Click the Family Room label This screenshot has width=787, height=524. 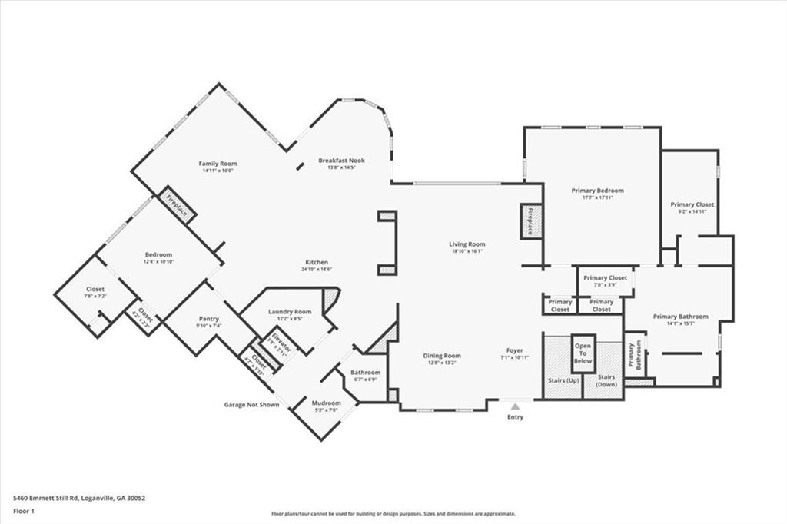(218, 164)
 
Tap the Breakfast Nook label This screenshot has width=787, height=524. (341, 161)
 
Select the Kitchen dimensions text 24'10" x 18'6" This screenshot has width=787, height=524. (316, 269)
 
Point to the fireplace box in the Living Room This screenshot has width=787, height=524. (531, 221)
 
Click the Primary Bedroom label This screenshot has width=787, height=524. (597, 191)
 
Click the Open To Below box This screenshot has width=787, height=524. (583, 353)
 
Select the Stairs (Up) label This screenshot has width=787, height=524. (563, 380)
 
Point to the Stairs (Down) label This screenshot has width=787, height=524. (606, 380)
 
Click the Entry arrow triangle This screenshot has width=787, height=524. (515, 406)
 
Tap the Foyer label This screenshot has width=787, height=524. (514, 350)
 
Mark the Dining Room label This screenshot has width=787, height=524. (442, 355)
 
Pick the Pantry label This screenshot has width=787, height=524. (208, 319)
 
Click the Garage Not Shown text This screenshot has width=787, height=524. (251, 404)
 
